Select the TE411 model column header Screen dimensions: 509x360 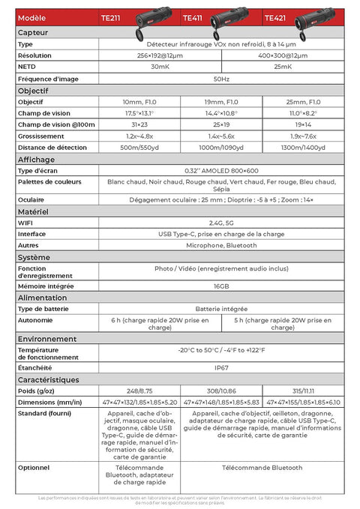193,17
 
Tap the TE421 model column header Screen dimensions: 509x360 274,17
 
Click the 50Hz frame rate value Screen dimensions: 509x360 220,78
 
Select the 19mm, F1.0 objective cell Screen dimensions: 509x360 220,101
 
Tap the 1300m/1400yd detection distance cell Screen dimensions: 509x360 301,148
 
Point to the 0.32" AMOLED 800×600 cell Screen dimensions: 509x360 220,171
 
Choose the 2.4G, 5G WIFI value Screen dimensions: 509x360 220,223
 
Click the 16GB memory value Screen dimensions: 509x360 220,286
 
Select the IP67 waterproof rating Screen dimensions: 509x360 220,368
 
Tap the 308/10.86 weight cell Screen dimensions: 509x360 220,391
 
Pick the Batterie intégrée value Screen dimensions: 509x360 220,309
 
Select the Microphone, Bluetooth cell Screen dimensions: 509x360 220,245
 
